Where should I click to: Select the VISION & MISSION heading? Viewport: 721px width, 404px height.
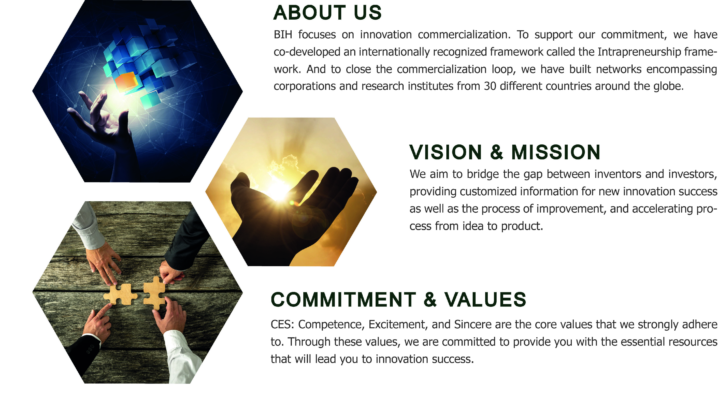pos(505,152)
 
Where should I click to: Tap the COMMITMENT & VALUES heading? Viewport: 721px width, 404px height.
pos(398,299)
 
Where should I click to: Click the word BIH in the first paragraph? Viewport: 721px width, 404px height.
pos(283,35)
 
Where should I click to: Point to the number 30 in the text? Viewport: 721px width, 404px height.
pos(490,86)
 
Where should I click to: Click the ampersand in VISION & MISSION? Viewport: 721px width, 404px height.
pos(497,152)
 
